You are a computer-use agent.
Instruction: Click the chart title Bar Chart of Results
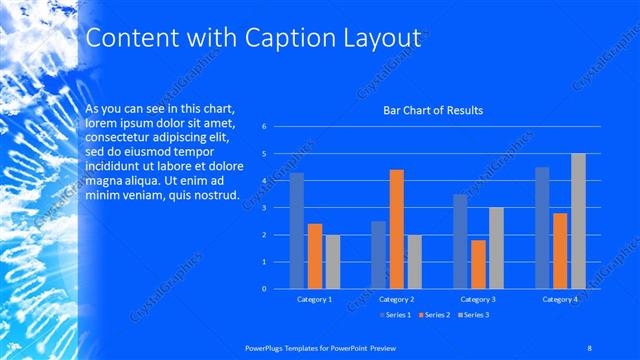433,110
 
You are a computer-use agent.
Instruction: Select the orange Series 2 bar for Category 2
396,229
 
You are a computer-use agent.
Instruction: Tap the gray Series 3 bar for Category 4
578,221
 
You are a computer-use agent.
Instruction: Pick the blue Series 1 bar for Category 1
296,231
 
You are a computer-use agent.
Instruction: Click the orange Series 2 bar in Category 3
478,264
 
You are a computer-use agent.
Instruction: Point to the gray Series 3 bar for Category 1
332,262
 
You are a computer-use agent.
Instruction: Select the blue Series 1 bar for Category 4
542,228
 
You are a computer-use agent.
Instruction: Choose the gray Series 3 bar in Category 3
496,248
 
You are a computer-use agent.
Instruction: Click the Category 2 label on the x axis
397,299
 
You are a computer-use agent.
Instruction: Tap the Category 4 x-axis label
561,299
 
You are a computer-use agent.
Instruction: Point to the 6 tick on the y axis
264,127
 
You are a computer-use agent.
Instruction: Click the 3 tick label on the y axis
264,208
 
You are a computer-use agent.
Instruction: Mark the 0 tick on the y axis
264,289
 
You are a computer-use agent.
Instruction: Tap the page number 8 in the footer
590,347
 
